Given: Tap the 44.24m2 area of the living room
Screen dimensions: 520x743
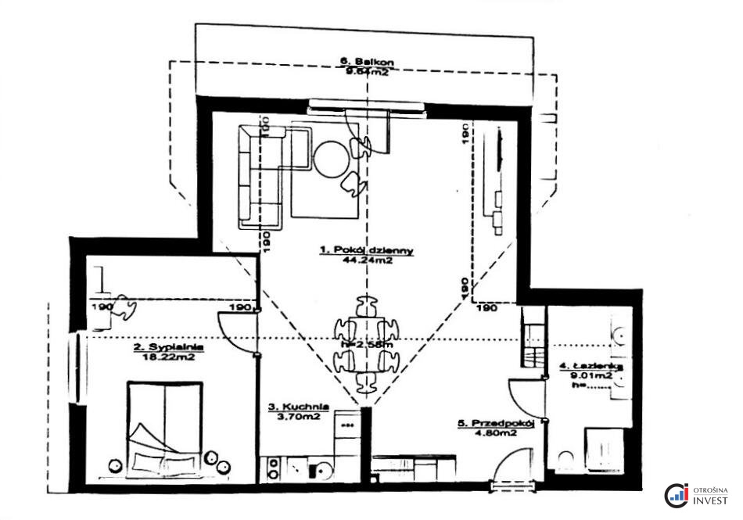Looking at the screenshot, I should [367, 262].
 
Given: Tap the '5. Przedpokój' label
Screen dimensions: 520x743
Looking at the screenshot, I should [496, 424].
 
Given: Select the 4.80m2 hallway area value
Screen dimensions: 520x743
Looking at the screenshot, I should [496, 433].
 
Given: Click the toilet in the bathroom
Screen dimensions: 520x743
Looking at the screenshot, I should [565, 459].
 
